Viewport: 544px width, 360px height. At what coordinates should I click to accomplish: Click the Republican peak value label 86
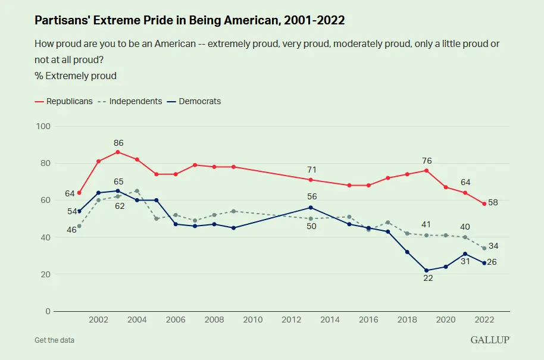coord(118,143)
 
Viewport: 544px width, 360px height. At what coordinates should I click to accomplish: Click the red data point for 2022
coord(484,204)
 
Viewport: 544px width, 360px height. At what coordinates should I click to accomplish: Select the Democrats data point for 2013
coord(311,208)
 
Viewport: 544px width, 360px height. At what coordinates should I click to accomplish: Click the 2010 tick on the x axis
coord(253,320)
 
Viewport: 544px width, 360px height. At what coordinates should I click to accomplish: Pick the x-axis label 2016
coord(368,320)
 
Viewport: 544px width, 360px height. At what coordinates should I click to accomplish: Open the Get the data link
coord(55,340)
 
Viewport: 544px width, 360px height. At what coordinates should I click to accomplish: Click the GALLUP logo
coord(490,340)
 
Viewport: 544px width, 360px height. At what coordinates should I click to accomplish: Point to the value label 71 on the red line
coord(311,170)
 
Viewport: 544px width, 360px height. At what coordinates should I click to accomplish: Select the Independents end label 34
coord(493,246)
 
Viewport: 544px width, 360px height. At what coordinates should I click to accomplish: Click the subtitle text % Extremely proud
coord(76,76)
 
